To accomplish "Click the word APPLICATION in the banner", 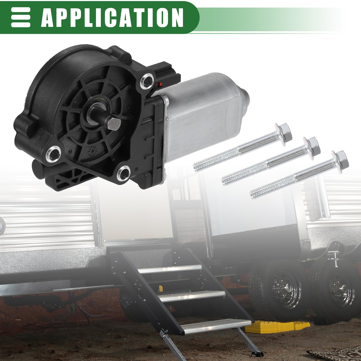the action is (112, 18).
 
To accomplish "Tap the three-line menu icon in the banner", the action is (21, 17).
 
